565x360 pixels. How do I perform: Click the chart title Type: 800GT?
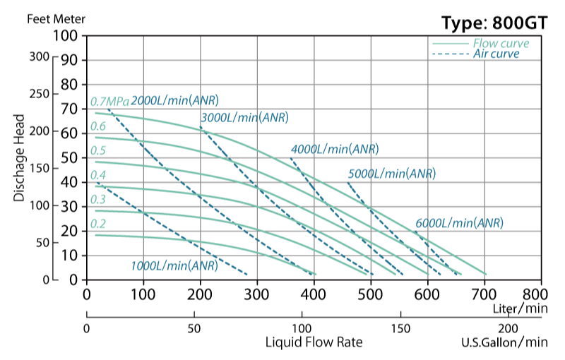tap(494, 23)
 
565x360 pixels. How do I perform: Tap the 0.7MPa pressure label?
tap(109, 101)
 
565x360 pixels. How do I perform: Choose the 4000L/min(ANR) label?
tap(335, 149)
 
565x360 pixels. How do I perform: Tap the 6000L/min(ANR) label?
tap(459, 222)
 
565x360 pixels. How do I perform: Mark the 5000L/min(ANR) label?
tap(391, 173)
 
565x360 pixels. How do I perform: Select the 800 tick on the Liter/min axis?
tap(541, 294)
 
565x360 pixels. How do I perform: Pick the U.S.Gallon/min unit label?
tap(504, 343)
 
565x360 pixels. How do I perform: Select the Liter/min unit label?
tap(521, 308)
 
